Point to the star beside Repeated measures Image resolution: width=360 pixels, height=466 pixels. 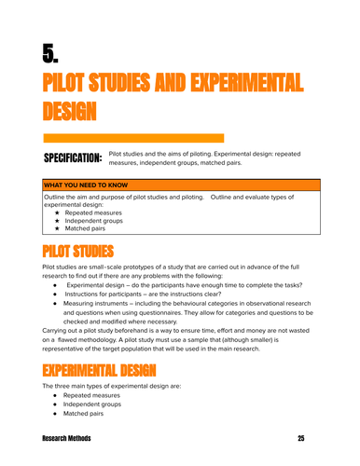pyautogui.click(x=57, y=212)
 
